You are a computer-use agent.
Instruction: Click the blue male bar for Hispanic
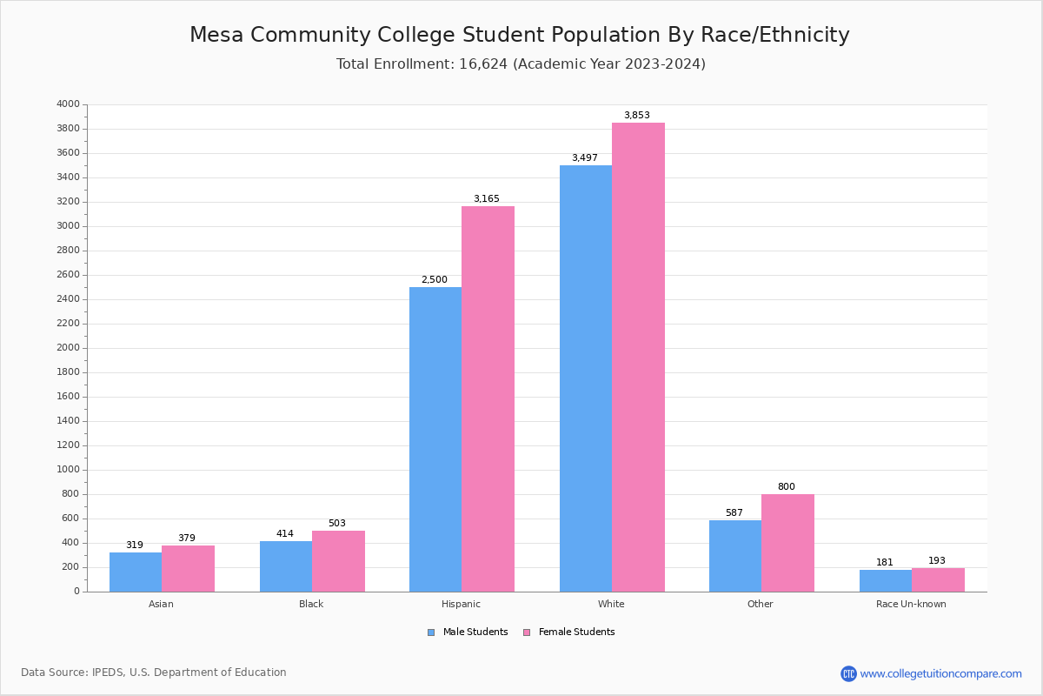click(x=435, y=439)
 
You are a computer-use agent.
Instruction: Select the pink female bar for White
click(x=638, y=357)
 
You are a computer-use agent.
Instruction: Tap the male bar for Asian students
click(x=136, y=572)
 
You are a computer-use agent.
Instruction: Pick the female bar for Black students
click(x=338, y=561)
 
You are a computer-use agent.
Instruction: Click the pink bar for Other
click(x=787, y=543)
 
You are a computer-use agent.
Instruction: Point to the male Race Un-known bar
click(x=885, y=580)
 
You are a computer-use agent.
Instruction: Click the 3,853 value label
click(x=636, y=116)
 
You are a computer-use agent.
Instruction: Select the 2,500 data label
click(x=434, y=280)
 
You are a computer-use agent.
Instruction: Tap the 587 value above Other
click(x=734, y=513)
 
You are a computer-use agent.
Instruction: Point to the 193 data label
click(x=936, y=561)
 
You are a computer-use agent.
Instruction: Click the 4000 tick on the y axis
click(x=68, y=104)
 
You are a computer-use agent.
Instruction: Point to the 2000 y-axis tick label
click(x=68, y=348)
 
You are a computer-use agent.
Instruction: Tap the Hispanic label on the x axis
click(x=461, y=604)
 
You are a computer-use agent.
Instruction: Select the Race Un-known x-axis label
click(x=911, y=604)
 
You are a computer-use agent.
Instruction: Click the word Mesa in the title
click(x=219, y=36)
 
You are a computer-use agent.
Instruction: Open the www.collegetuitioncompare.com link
click(x=940, y=673)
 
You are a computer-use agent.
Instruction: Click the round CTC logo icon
click(x=848, y=673)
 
